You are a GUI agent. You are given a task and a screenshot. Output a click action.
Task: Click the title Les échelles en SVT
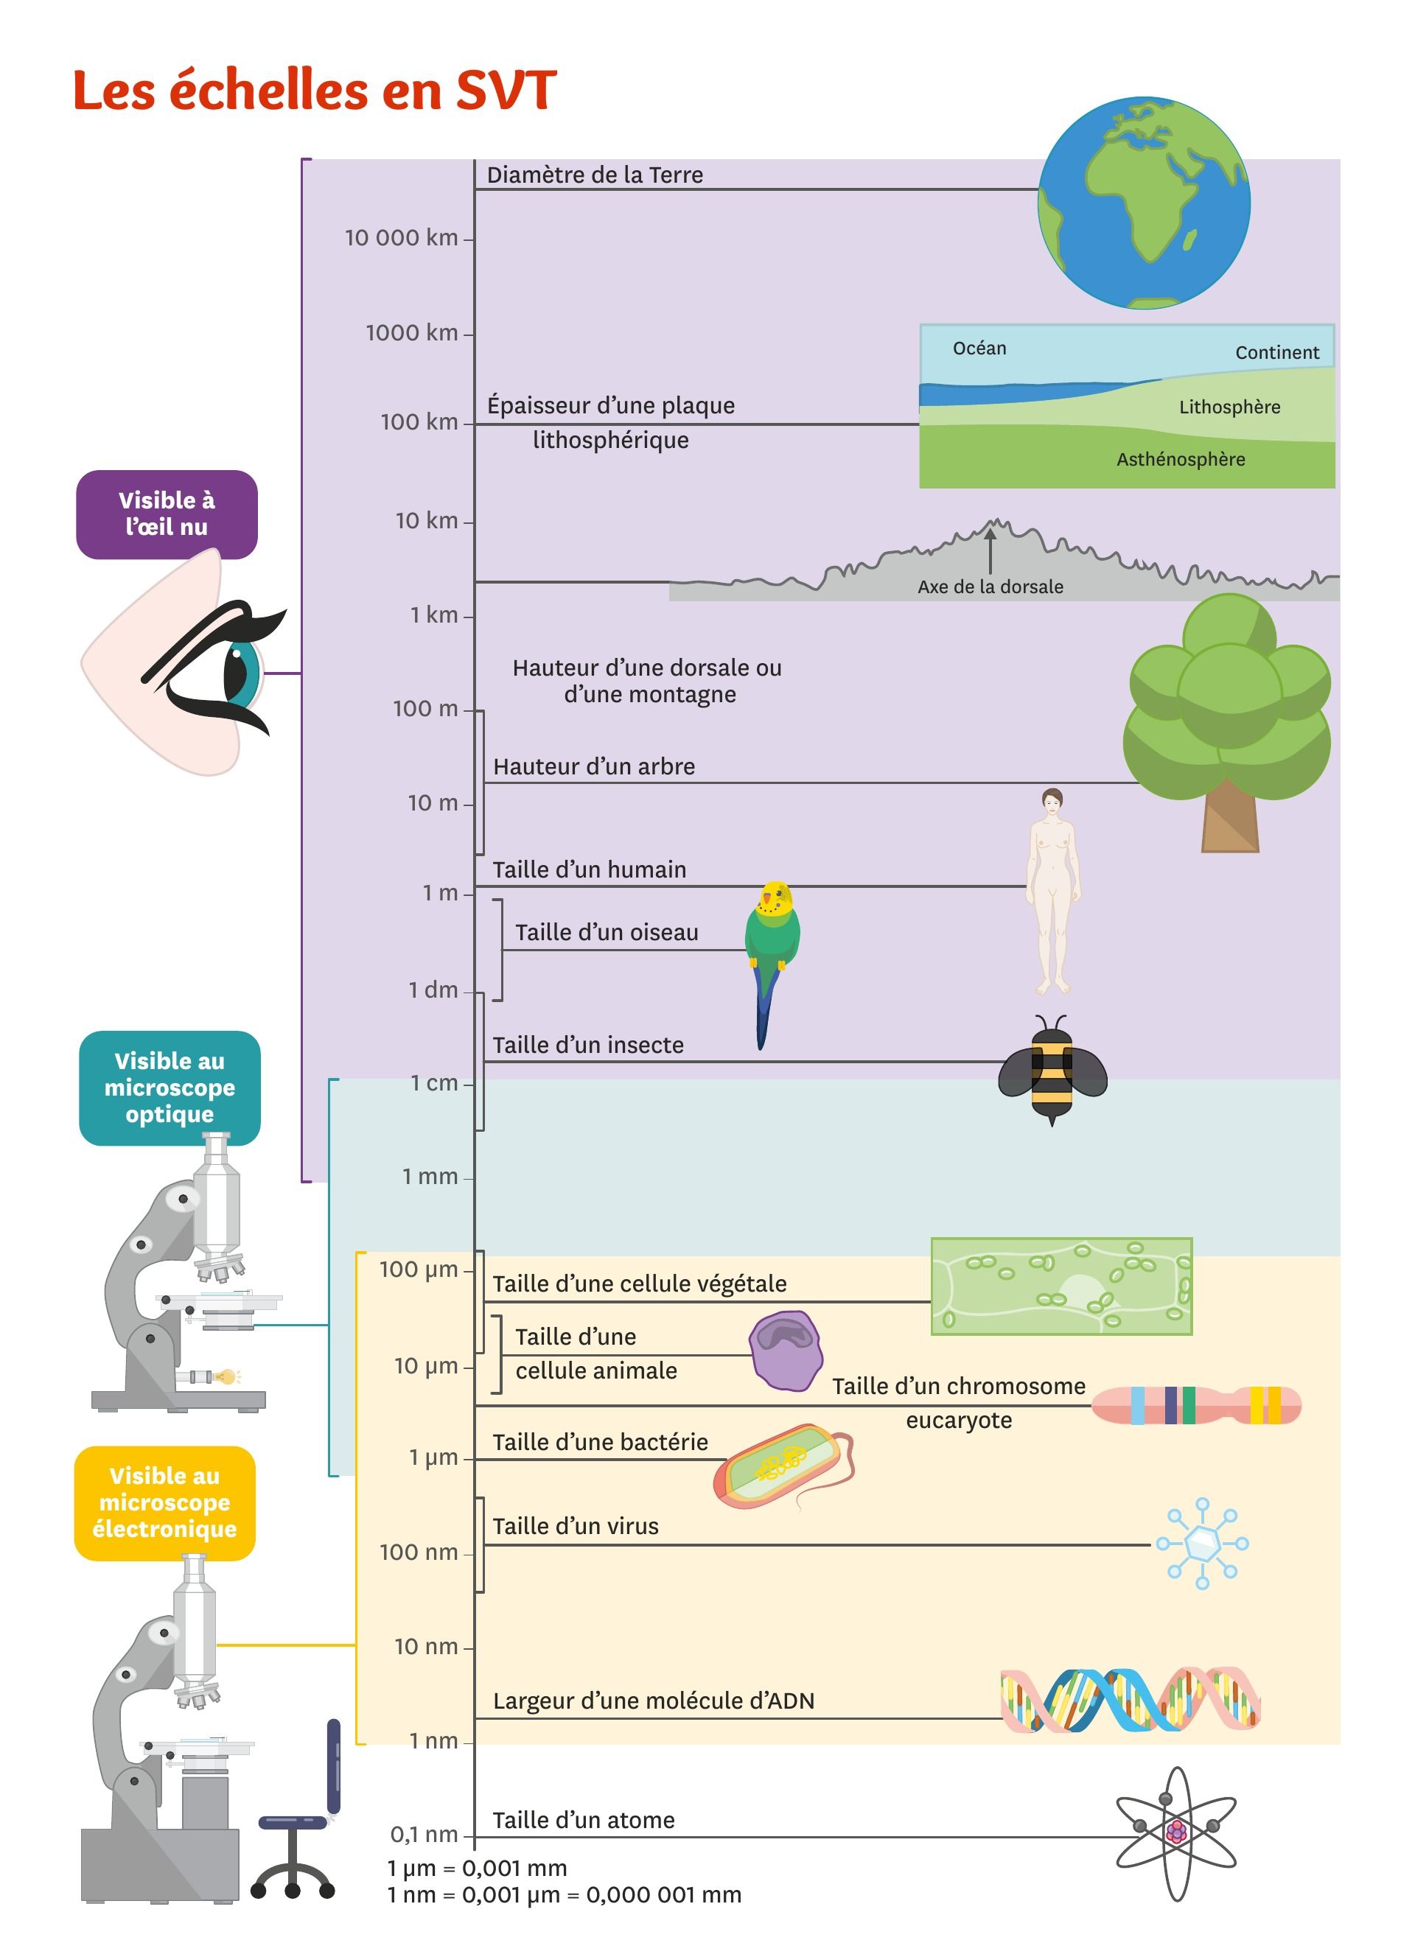(x=314, y=91)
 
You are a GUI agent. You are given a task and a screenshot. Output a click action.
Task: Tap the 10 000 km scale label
(x=401, y=238)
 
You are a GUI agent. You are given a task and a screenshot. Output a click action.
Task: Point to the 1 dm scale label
(x=433, y=990)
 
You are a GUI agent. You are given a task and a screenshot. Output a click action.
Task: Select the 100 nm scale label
(x=419, y=1552)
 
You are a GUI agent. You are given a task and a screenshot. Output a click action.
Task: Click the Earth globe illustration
(x=1143, y=203)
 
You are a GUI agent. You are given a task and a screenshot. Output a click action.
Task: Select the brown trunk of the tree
(x=1229, y=820)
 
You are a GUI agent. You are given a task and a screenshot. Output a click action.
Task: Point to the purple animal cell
(x=784, y=1351)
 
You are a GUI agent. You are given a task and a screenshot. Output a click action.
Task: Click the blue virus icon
(x=1202, y=1544)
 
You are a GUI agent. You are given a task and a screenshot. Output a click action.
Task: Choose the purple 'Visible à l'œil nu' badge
(x=167, y=514)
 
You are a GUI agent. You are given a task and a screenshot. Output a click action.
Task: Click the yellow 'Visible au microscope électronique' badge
(x=165, y=1502)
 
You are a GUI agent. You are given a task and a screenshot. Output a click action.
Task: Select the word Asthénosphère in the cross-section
(x=1181, y=460)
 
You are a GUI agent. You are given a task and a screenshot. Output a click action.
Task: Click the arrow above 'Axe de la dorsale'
(x=990, y=550)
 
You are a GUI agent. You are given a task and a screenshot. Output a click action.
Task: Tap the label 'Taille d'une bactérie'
(x=600, y=1442)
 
